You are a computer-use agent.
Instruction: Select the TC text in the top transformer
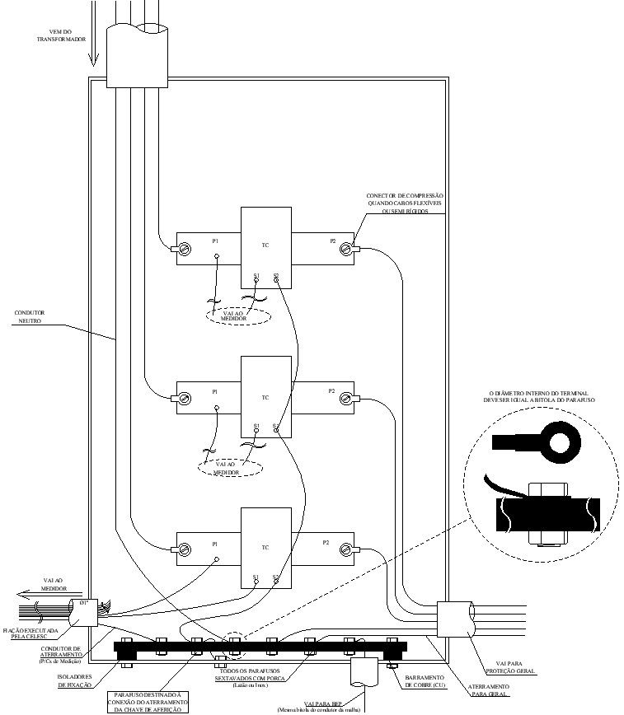(x=265, y=245)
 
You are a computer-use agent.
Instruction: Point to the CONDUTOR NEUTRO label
(x=30, y=317)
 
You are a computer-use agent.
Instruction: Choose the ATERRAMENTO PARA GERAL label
(x=489, y=689)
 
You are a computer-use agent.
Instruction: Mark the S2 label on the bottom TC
(x=276, y=577)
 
